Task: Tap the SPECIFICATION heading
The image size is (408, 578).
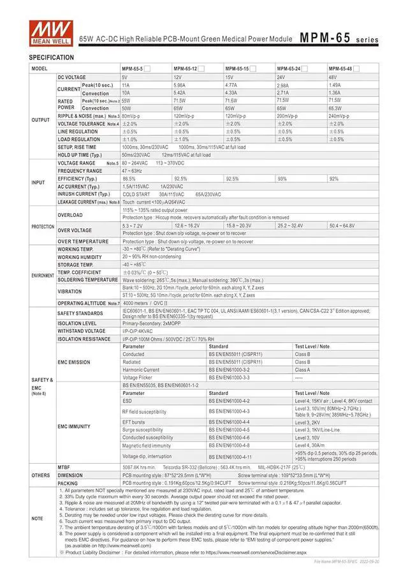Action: (x=52, y=57)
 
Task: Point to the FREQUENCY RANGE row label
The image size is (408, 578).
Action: (x=80, y=171)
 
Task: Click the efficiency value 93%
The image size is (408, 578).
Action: (x=282, y=179)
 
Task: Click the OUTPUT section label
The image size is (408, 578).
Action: (x=41, y=119)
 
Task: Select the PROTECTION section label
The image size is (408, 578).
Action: (x=43, y=226)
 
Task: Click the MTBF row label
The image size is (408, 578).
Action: (x=64, y=467)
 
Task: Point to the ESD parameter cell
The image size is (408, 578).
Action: (x=128, y=401)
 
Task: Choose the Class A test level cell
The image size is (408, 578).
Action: (x=303, y=369)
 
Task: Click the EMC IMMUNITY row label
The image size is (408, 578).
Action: (x=74, y=426)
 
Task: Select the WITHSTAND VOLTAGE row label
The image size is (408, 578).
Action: (x=81, y=331)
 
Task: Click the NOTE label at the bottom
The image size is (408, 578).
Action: (x=38, y=519)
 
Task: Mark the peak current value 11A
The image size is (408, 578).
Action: (x=126, y=85)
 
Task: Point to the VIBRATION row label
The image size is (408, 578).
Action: (x=69, y=292)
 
